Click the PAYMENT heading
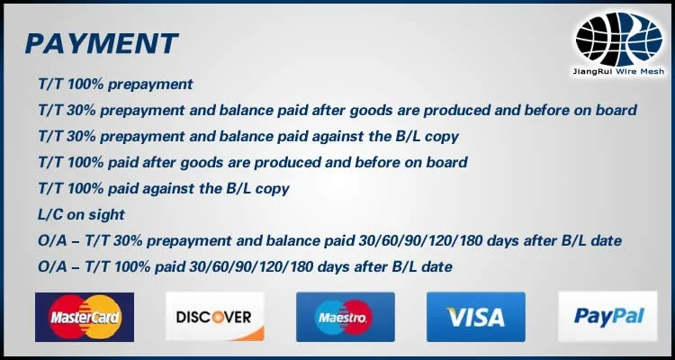click(102, 43)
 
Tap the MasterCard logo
click(85, 317)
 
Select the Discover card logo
click(215, 317)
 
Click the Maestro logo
click(346, 317)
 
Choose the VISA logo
click(476, 317)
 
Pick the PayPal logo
click(607, 317)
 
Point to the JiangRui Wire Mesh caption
click(618, 71)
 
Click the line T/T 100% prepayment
click(115, 85)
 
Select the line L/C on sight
click(81, 214)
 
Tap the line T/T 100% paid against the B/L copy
click(164, 189)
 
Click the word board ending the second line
click(616, 110)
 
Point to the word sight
click(107, 215)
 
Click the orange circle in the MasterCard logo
click(100, 317)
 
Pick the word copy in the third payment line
click(442, 137)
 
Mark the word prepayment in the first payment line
click(150, 85)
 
